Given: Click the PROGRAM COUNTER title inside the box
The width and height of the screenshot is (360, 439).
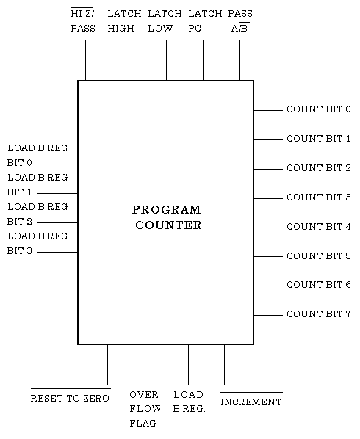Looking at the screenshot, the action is tap(167, 217).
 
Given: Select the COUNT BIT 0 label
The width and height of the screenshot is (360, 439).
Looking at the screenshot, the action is tap(319, 109).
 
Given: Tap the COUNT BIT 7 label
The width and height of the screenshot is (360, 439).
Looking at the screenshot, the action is tap(319, 314).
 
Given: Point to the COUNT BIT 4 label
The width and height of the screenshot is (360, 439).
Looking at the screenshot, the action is tap(319, 227).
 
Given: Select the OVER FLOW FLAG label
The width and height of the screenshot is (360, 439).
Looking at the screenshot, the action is tap(145, 409).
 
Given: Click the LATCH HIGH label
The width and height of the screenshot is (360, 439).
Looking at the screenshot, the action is tap(124, 21).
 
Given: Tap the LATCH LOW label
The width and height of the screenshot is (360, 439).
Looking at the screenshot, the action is tap(165, 21).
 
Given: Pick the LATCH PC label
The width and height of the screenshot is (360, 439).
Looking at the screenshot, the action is tap(205, 21).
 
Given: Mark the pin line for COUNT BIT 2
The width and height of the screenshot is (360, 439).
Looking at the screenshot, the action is tap(268, 169).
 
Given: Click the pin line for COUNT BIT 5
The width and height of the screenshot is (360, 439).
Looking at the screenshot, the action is tap(268, 256).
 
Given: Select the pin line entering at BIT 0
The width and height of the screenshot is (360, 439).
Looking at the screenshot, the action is tap(57, 164).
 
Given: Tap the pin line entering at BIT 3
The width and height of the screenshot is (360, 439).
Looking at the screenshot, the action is tap(57, 252).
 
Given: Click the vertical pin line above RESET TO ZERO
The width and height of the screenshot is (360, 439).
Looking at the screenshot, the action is tap(107, 365).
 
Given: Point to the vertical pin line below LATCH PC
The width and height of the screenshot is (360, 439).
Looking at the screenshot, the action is tap(203, 60).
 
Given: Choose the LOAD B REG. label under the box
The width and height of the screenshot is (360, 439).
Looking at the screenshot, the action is tap(189, 402).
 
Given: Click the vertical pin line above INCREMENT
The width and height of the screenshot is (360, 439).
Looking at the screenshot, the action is tap(224, 365).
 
